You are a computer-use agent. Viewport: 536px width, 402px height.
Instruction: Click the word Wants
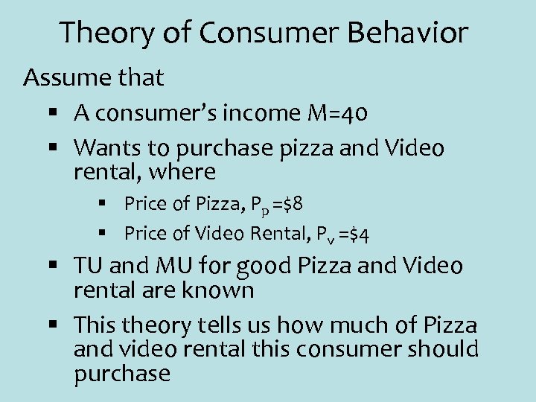coord(106,147)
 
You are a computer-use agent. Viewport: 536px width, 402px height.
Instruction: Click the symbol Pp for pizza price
coord(258,205)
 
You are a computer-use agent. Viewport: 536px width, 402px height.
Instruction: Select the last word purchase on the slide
coord(122,373)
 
